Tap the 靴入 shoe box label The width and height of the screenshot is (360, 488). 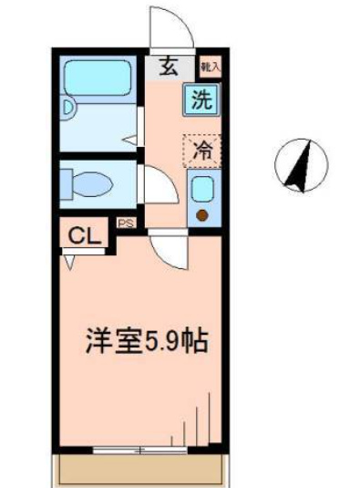210,67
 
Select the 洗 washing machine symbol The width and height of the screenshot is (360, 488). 201,99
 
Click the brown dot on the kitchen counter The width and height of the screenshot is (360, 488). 202,215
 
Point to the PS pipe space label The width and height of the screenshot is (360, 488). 125,222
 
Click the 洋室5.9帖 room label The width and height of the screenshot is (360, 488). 146,341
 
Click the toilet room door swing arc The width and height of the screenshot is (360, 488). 155,186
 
